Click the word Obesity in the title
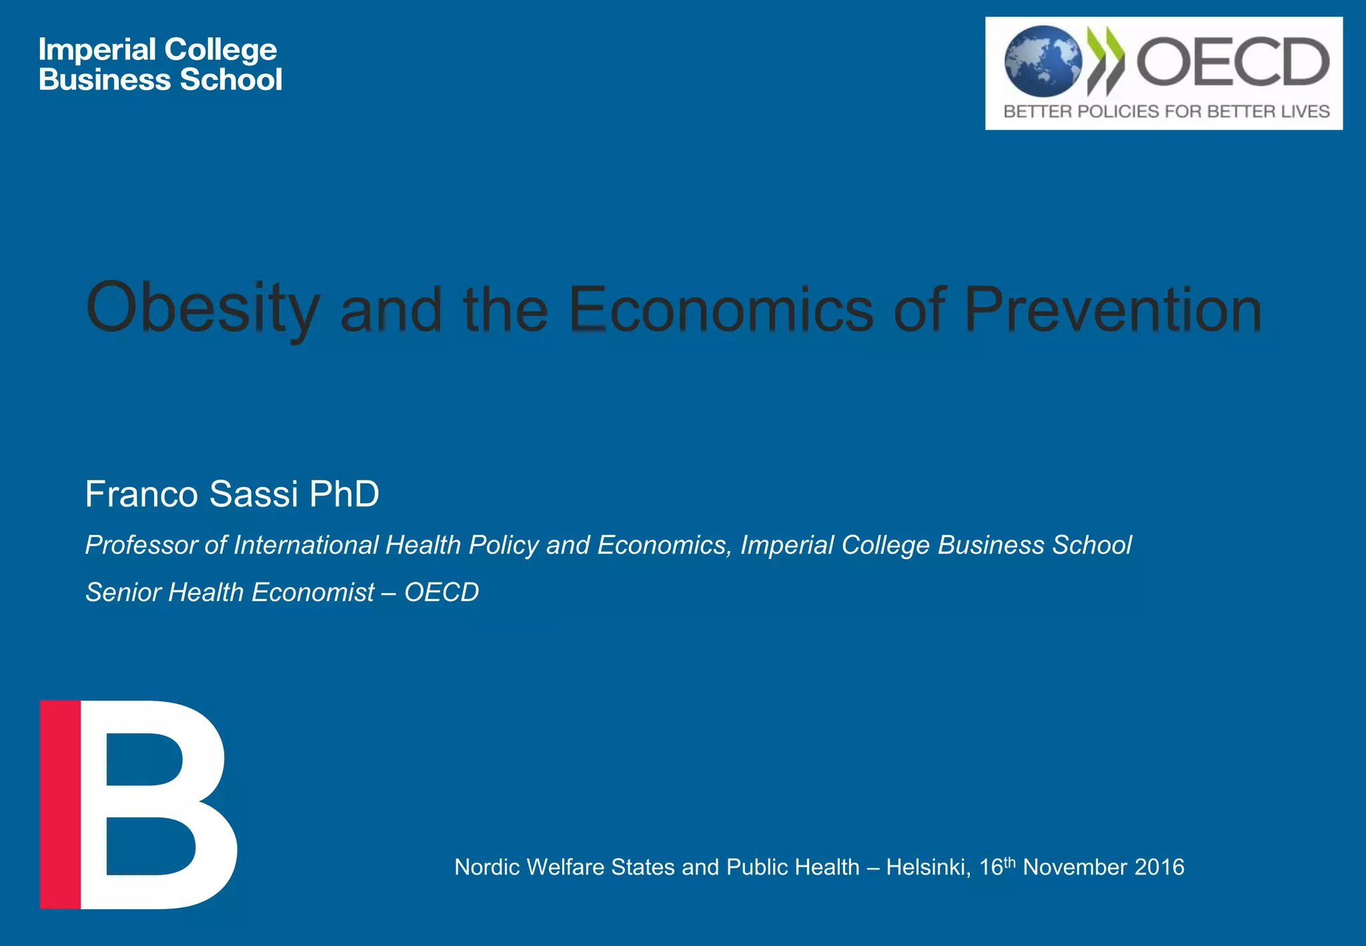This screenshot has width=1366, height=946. point(203,308)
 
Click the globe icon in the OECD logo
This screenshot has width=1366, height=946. point(1043,61)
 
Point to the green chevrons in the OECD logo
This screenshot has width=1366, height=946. point(1106,60)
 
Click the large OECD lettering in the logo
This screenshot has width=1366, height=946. point(1233,61)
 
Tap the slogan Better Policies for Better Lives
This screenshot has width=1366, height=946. point(1166,111)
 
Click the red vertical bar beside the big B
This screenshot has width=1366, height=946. point(60,804)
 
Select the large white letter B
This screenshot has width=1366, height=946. point(160,804)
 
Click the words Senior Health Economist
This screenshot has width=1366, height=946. point(230,592)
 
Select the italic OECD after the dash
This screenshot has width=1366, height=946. point(442,592)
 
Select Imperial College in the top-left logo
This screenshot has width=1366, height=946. point(157,49)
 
